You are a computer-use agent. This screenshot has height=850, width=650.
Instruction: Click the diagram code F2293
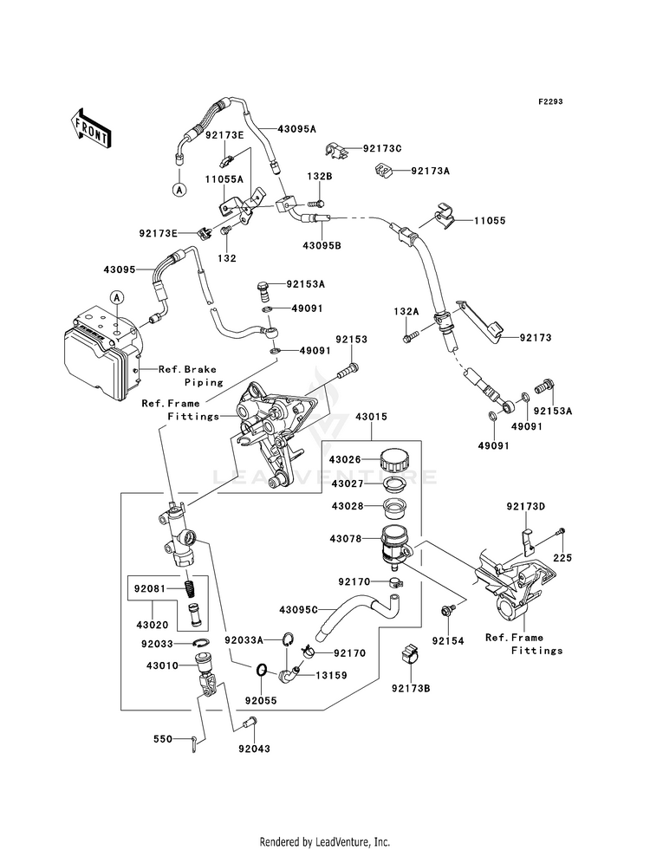550,102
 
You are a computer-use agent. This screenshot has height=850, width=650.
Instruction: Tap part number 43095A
296,129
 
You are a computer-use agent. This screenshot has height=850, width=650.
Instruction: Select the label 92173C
382,148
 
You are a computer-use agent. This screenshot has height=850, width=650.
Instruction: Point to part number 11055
490,221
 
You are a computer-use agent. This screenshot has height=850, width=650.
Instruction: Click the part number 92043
254,749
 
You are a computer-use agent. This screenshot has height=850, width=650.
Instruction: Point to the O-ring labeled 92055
261,671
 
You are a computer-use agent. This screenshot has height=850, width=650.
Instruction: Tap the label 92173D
526,506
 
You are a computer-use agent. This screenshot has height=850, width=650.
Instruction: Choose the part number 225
562,557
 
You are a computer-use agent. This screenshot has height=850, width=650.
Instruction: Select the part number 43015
371,417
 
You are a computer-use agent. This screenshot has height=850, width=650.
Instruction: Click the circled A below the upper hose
179,190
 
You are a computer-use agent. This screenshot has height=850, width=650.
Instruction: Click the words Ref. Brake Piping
187,376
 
